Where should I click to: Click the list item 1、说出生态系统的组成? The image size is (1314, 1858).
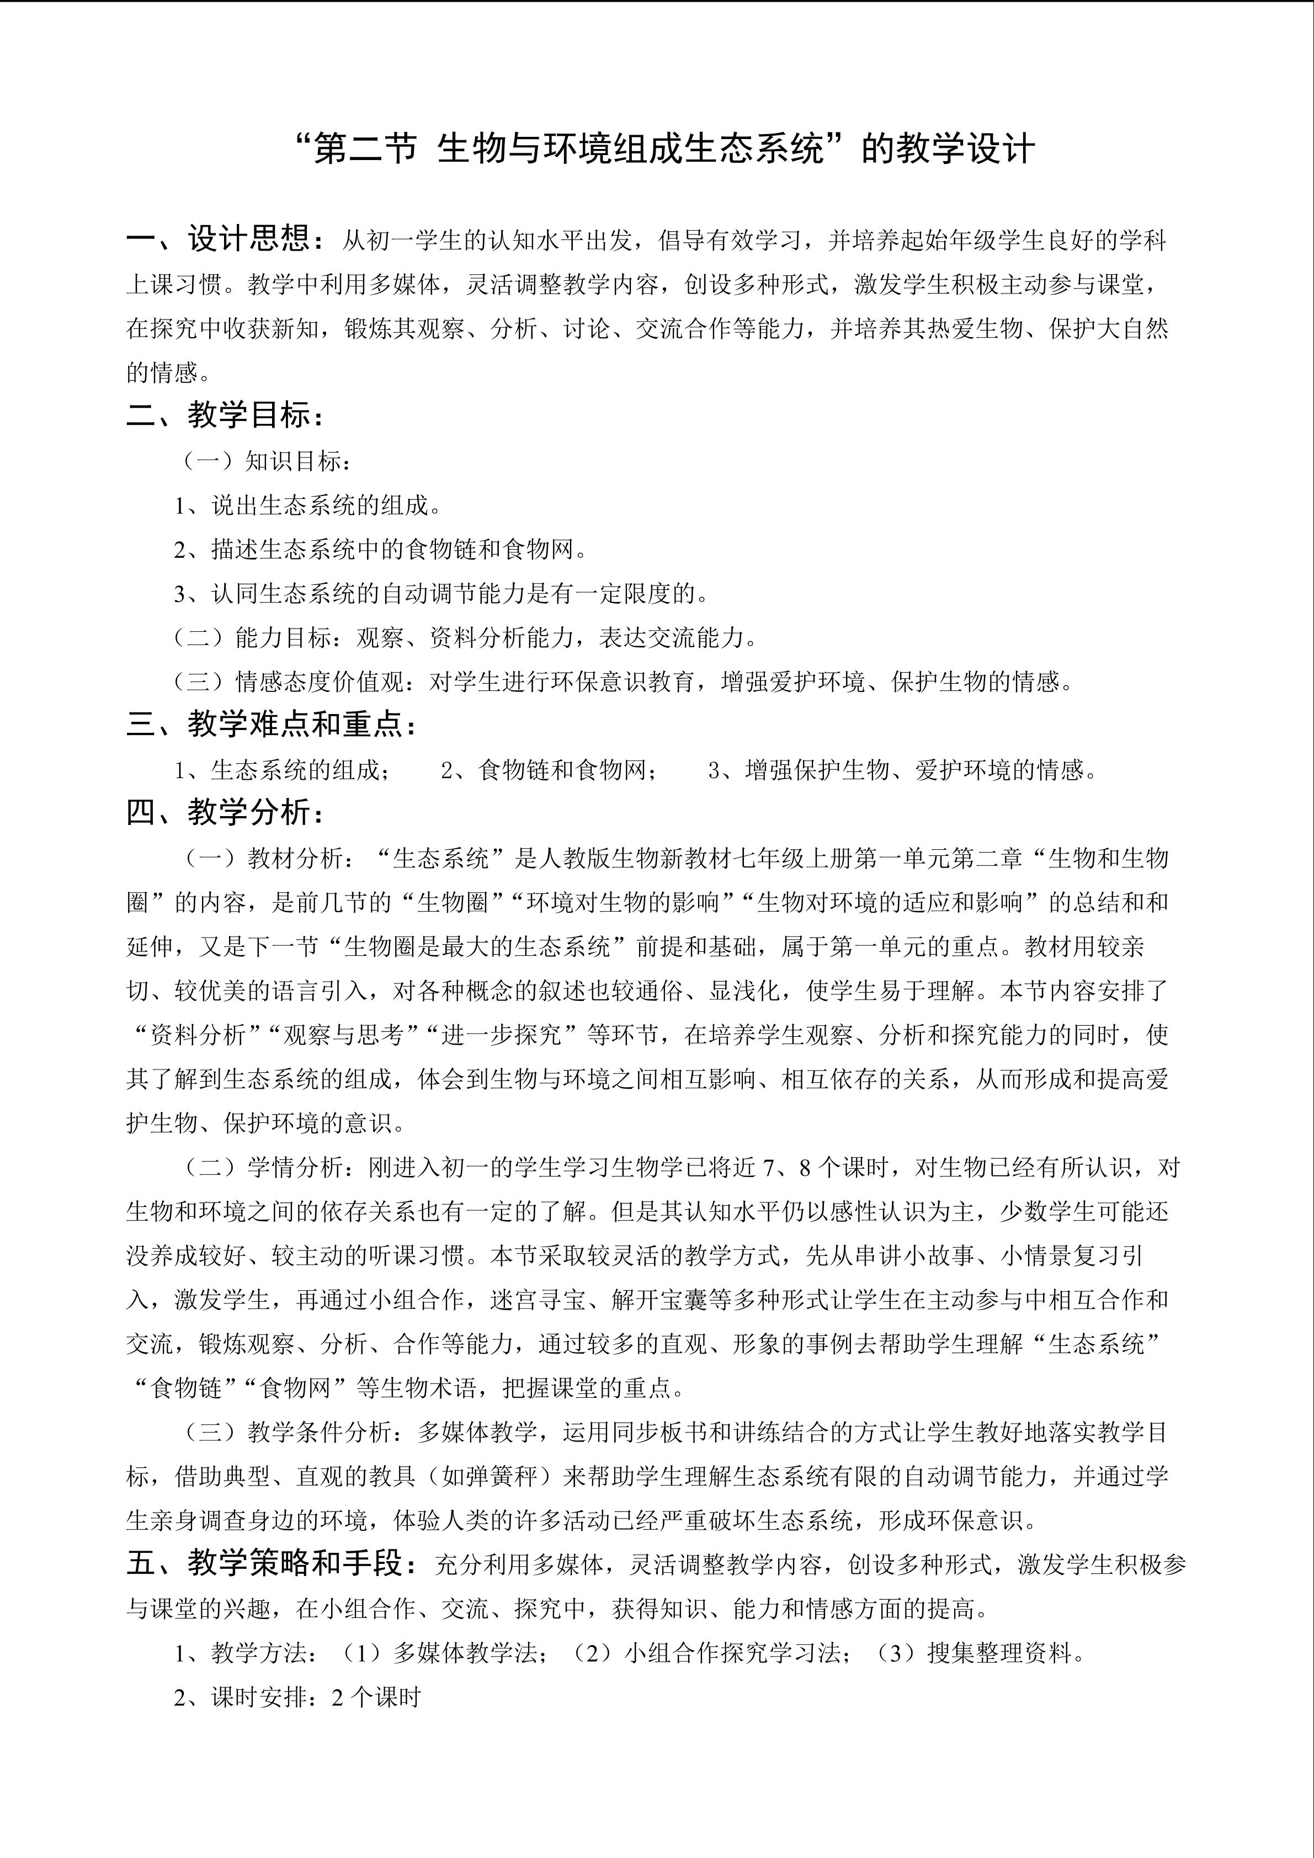click(x=307, y=506)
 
